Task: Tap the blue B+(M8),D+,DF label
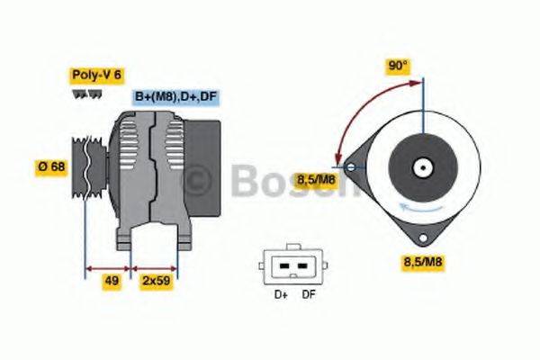click(x=176, y=96)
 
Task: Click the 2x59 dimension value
click(x=157, y=280)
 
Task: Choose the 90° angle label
click(x=398, y=66)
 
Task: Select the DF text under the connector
click(x=309, y=293)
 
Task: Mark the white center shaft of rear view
click(x=421, y=166)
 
